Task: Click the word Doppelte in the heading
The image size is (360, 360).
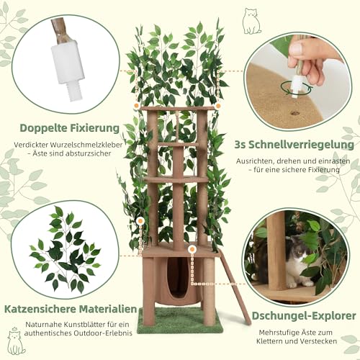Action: (x=42, y=128)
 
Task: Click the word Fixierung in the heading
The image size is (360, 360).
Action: (x=94, y=128)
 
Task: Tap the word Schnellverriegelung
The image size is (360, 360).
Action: (x=301, y=145)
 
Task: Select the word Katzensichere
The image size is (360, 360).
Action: (x=40, y=309)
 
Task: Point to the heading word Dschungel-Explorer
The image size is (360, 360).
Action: (x=304, y=316)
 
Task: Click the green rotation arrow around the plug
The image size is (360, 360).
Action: (x=297, y=89)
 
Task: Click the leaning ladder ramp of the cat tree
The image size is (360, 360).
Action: (x=235, y=287)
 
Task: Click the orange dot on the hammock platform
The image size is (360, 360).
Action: (x=192, y=250)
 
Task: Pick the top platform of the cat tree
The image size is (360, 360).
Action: (x=177, y=109)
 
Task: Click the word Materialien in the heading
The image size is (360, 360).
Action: (x=108, y=309)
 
